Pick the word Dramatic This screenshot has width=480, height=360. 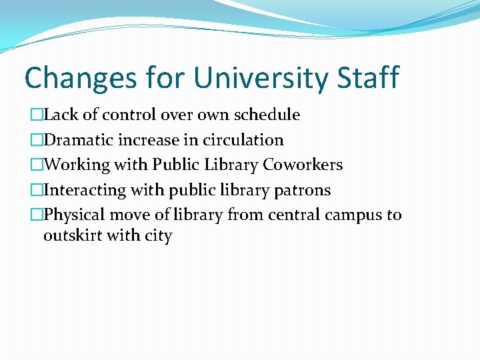[78, 140]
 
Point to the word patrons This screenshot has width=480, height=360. [305, 190]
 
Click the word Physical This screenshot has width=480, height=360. [74, 215]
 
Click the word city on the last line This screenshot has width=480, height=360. [158, 236]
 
